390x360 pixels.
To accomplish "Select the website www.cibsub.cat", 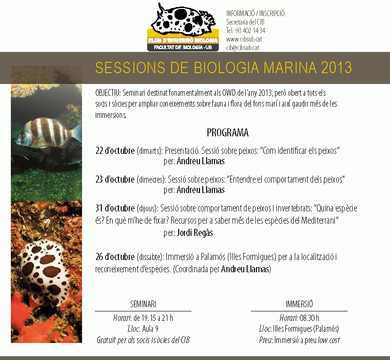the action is point(244,39).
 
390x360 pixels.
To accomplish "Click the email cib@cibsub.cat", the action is point(242,48).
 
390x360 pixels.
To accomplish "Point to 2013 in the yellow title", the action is point(336,67).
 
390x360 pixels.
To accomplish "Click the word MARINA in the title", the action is point(290,67).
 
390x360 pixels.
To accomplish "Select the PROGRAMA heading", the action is point(228,133).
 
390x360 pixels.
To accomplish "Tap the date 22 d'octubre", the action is point(115,151).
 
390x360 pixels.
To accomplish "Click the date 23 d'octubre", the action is point(115,179).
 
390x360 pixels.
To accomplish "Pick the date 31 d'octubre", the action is point(115,208).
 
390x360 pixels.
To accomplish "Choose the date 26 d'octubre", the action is point(115,257).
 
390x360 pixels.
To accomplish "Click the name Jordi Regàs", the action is point(195,233).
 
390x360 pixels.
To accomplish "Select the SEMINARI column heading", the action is point(143,304).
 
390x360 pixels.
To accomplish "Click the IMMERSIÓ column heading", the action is point(299,304).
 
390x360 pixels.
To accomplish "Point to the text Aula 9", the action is point(150,329).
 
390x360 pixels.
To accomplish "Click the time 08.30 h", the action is point(309,318).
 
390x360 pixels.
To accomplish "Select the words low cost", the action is point(329,340).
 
